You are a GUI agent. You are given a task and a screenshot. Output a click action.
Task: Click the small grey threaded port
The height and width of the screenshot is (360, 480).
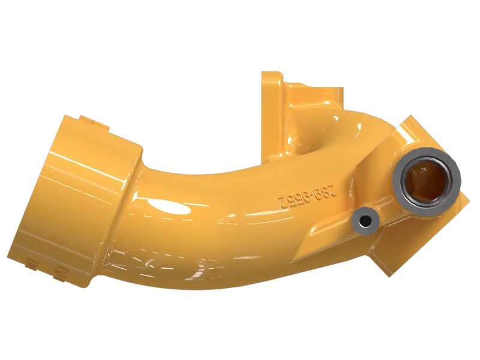[x=364, y=221]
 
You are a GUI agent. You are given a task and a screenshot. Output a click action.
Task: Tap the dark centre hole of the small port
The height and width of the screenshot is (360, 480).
[x=364, y=221]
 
